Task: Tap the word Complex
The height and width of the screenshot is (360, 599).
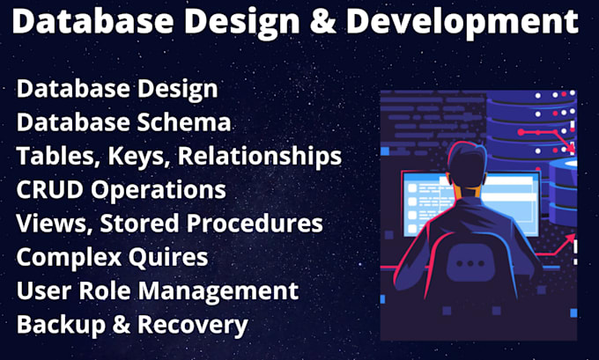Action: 70,257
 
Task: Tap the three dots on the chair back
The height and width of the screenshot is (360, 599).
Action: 476,262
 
